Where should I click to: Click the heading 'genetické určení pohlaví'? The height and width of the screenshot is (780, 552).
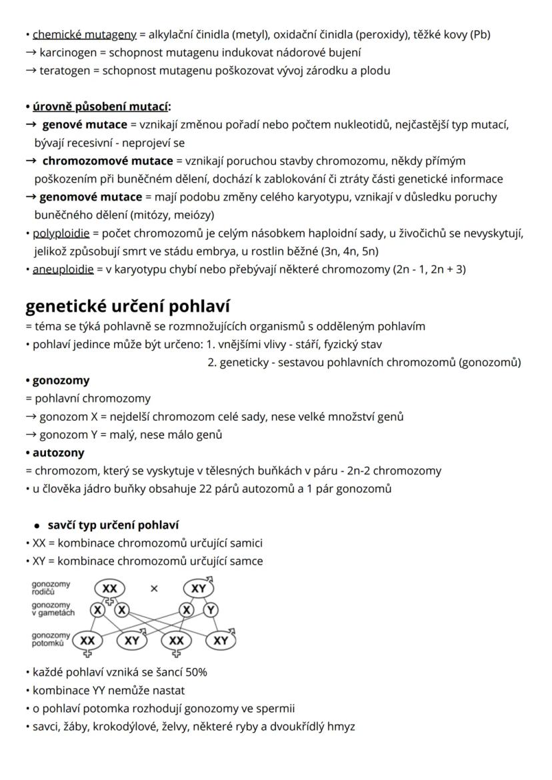point(127,306)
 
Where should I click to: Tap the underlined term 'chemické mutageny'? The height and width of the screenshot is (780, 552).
point(84,35)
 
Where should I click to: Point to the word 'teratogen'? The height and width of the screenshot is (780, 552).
point(65,70)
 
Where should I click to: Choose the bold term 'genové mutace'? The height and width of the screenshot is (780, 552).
point(84,125)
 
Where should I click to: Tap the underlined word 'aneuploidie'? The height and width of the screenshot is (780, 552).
point(63,269)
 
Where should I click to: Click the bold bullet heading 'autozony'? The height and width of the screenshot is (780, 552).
point(59,453)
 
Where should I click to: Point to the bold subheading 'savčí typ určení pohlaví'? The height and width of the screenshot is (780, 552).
point(113,525)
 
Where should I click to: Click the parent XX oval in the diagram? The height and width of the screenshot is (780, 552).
point(111,589)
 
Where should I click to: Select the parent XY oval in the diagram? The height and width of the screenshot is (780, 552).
point(198,589)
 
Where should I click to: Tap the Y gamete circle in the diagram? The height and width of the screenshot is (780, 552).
point(211,611)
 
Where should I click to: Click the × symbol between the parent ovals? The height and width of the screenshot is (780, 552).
point(154,589)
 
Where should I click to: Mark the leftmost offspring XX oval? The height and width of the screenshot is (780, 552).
point(87,641)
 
